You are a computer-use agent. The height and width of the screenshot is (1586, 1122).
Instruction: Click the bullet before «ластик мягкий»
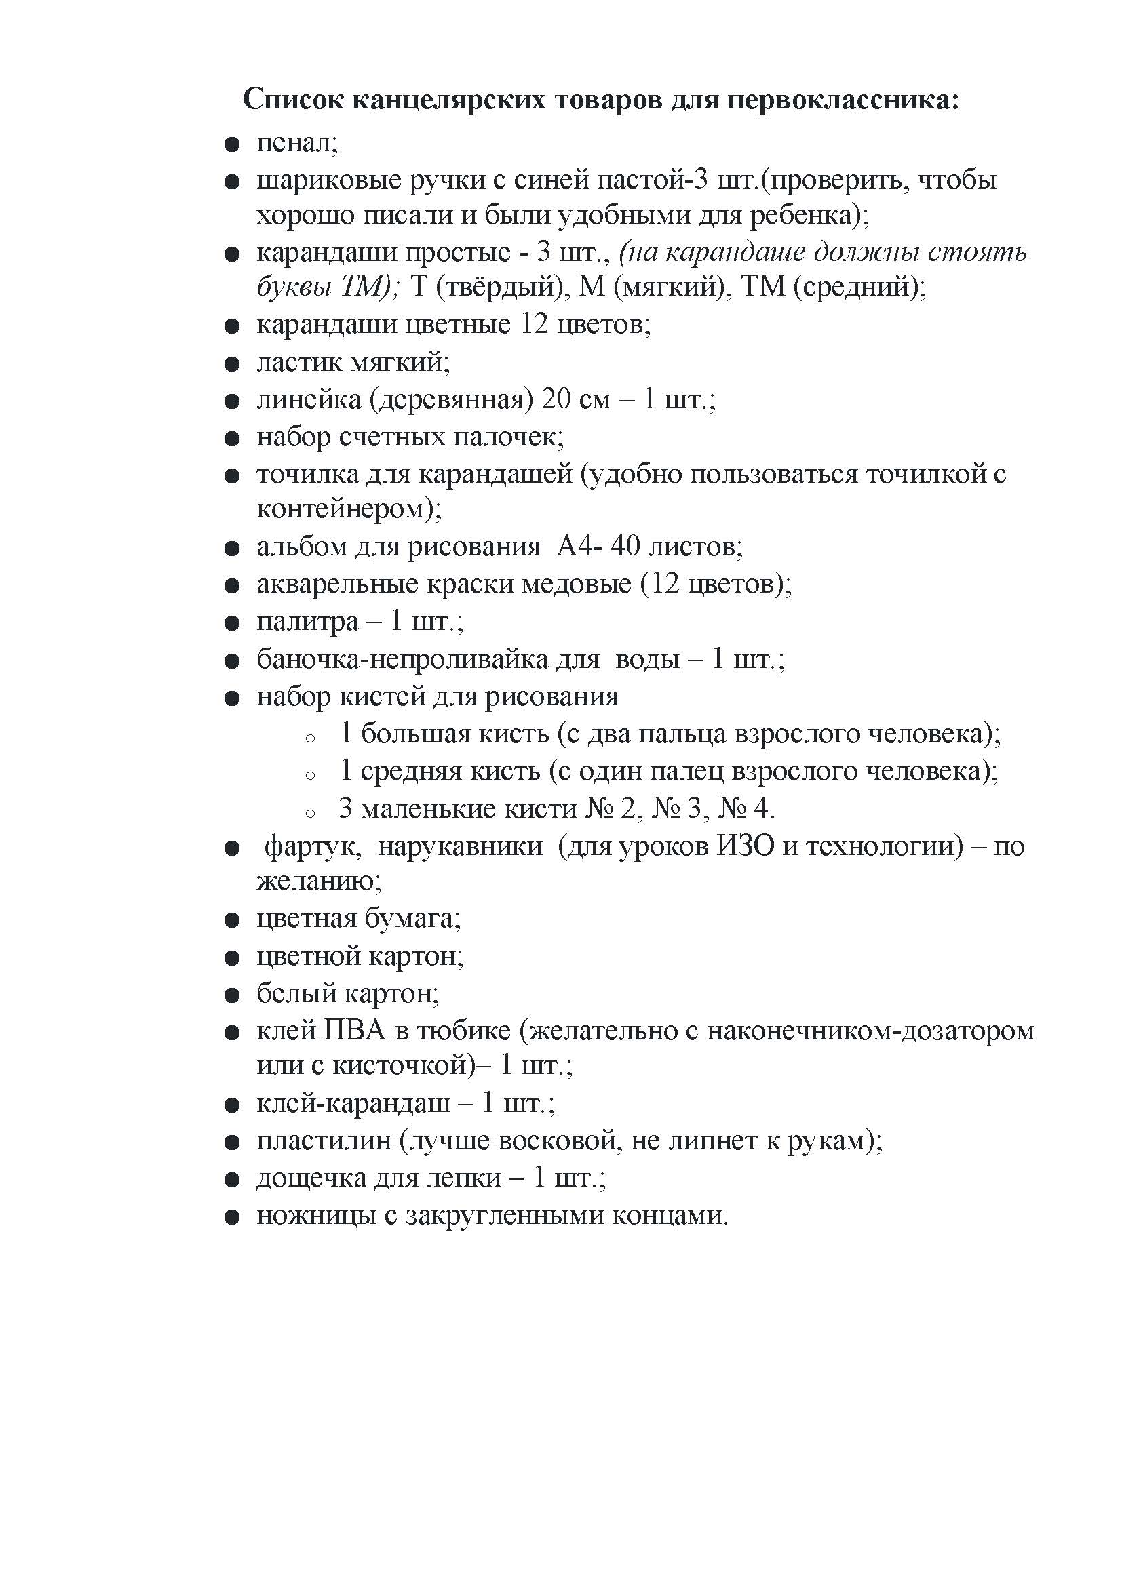click(232, 363)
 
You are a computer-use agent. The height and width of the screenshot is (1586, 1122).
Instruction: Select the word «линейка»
click(308, 399)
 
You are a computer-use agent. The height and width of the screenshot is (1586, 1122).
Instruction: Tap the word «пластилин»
click(324, 1141)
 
